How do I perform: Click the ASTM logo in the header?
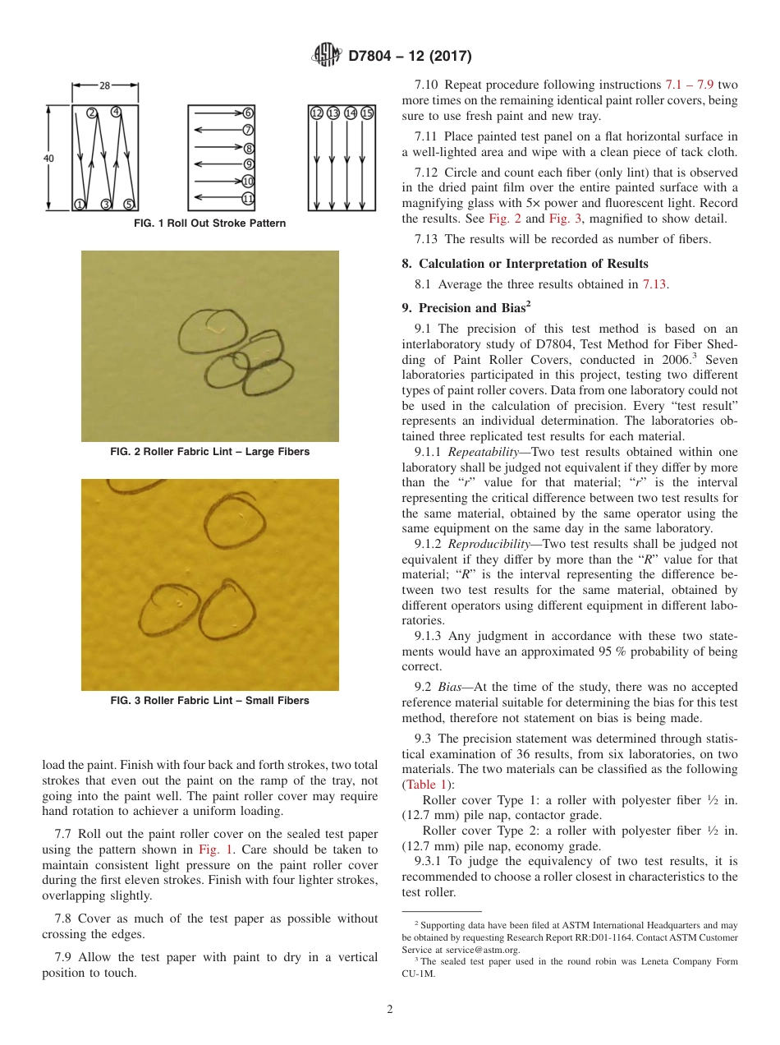pos(326,55)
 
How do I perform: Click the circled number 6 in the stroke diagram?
pos(248,113)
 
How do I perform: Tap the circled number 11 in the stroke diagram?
pos(248,199)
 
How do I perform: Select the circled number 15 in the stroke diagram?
pos(367,113)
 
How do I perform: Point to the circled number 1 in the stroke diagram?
pos(80,204)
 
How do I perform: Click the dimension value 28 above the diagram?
pos(105,85)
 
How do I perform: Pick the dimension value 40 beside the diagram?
pos(49,159)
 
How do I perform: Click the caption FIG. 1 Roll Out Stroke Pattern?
pos(209,223)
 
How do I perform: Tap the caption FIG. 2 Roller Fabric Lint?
pos(209,452)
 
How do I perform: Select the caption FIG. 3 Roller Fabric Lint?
pos(209,701)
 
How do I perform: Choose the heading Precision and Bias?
pos(471,309)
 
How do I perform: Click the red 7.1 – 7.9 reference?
pos(688,85)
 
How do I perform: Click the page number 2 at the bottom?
pos(390,1010)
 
